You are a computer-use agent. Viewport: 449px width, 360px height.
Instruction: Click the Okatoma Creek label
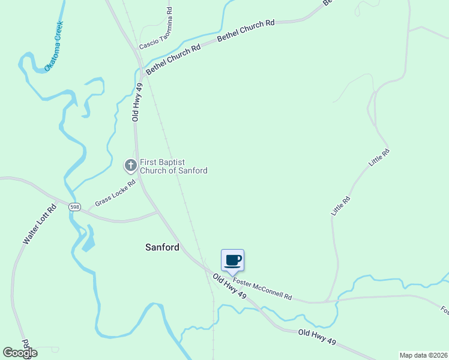click(x=54, y=47)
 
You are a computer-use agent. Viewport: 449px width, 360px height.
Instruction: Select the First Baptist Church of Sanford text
click(x=173, y=166)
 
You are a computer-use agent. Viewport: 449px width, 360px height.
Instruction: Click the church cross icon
click(x=130, y=164)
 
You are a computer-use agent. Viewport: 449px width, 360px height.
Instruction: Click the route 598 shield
click(x=74, y=206)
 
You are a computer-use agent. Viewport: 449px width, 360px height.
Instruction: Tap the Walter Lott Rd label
click(x=40, y=224)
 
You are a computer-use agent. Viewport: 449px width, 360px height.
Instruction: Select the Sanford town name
click(x=162, y=247)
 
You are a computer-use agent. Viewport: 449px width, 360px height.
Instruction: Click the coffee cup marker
click(x=232, y=260)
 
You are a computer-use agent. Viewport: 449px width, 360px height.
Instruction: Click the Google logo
click(x=20, y=352)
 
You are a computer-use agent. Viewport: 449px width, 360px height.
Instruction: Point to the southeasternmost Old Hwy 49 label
click(x=316, y=337)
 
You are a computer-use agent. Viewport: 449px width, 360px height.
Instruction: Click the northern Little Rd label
click(x=379, y=157)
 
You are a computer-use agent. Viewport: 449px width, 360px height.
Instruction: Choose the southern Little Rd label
click(x=340, y=206)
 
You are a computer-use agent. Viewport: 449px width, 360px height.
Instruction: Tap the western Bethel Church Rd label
click(x=173, y=59)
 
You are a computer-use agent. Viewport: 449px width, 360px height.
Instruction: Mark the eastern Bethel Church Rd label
click(x=246, y=30)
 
